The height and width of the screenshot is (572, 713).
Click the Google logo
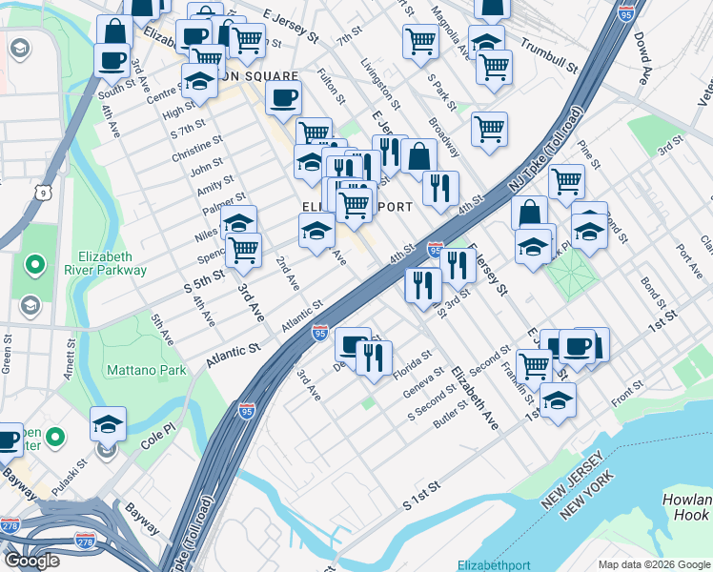tap(32, 561)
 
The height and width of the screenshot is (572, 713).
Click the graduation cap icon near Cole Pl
tap(108, 422)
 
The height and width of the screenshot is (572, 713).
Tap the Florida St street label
tap(418, 371)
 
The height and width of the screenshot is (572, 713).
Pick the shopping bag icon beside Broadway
tap(418, 154)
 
